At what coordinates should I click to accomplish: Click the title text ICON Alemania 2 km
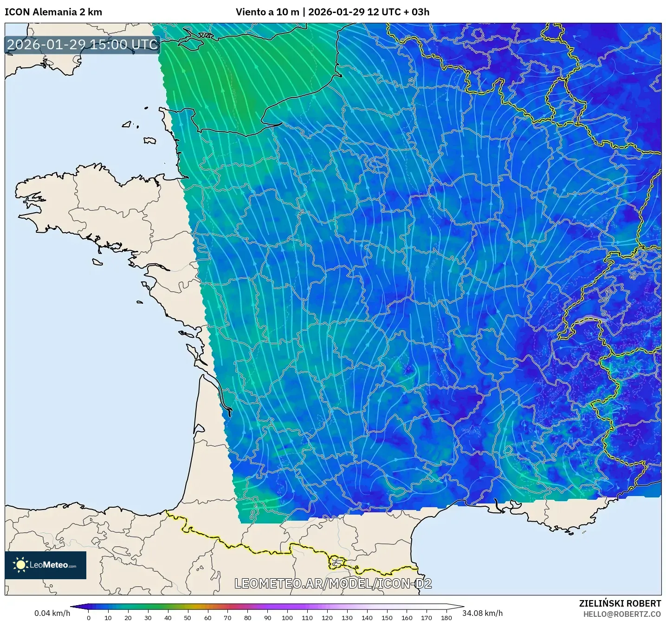pyautogui.click(x=53, y=12)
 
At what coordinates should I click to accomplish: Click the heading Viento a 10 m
pyautogui.click(x=267, y=12)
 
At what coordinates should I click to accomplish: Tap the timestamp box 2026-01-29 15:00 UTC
pyautogui.click(x=82, y=45)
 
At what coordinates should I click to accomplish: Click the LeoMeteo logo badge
pyautogui.click(x=45, y=565)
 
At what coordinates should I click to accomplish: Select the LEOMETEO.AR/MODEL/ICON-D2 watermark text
pyautogui.click(x=333, y=583)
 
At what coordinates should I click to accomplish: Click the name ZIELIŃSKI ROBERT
pyautogui.click(x=620, y=603)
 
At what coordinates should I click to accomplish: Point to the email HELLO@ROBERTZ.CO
pyautogui.click(x=622, y=614)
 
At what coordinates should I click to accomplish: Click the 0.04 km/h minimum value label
pyautogui.click(x=52, y=613)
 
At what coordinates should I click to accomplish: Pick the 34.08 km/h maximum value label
pyautogui.click(x=483, y=613)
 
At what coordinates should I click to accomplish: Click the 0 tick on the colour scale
pyautogui.click(x=89, y=617)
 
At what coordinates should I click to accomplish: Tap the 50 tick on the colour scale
pyautogui.click(x=188, y=617)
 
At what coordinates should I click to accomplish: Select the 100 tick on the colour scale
pyautogui.click(x=287, y=617)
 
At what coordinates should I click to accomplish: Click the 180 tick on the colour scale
pyautogui.click(x=446, y=617)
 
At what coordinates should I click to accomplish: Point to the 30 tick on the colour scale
pyautogui.click(x=148, y=617)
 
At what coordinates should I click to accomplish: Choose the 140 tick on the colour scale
pyautogui.click(x=367, y=617)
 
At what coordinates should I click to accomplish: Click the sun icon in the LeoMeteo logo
pyautogui.click(x=20, y=565)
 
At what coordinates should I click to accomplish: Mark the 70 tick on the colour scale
pyautogui.click(x=227, y=617)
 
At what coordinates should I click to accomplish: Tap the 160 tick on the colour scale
pyautogui.click(x=407, y=617)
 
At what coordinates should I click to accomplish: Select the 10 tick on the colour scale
pyautogui.click(x=108, y=617)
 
